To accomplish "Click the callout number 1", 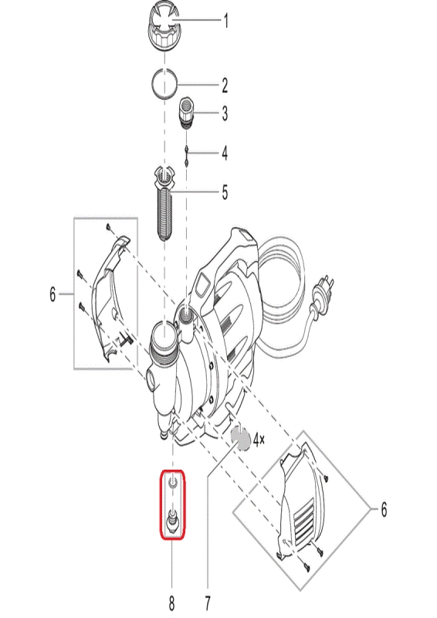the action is coord(225,21).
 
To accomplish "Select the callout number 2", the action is coord(225,85).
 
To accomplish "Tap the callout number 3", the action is coord(225,114).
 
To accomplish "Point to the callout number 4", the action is coord(225,153).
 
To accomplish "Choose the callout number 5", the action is coord(225,192).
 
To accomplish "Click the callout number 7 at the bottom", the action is coord(207,603).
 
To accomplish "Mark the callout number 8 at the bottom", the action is coord(172,603).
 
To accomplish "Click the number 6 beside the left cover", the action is coord(53,294).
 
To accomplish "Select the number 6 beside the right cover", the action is coord(384,510).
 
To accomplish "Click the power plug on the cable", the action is coord(325,291).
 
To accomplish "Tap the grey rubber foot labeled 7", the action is coord(241,438).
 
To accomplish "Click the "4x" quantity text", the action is coord(259,440).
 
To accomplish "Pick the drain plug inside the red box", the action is coord(172,520).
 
